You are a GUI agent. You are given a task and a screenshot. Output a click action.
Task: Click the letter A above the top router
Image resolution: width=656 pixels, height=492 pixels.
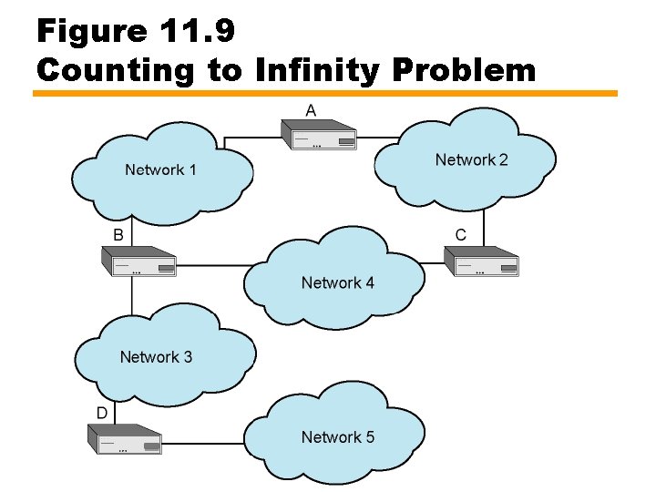(x=311, y=110)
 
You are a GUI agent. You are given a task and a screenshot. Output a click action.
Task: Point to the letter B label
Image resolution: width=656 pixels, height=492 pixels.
(x=118, y=235)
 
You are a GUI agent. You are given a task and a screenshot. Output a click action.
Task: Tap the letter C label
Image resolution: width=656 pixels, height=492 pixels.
(x=460, y=235)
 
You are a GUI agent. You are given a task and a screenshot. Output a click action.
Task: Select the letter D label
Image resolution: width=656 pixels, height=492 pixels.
(x=102, y=413)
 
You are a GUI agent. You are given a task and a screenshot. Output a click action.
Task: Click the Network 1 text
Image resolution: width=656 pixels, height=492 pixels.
(x=160, y=169)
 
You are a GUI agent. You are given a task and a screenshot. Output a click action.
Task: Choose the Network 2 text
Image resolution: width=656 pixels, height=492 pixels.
(x=471, y=160)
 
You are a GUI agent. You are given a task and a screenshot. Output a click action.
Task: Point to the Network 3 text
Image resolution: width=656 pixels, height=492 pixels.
(x=156, y=356)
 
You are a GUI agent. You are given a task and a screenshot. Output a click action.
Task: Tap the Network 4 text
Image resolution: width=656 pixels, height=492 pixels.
(x=337, y=282)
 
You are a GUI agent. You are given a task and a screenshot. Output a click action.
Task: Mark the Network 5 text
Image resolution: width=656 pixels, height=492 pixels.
(x=337, y=437)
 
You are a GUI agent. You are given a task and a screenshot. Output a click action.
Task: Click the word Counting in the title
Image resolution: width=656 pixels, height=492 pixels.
(x=114, y=69)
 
